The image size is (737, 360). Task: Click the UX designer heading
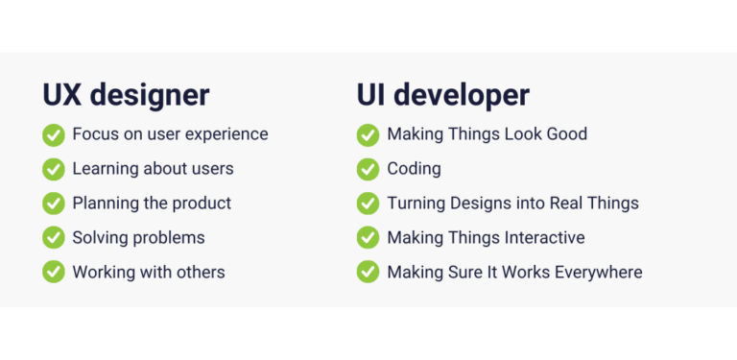[x=126, y=95]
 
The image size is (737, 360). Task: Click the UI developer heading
[x=442, y=95]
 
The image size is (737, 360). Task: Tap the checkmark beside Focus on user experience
[x=54, y=134]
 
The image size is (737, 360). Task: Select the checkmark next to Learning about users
[x=54, y=169]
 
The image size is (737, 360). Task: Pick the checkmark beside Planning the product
[x=54, y=204]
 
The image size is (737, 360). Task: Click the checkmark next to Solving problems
[x=54, y=238]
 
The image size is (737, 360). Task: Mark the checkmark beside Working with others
[x=54, y=273]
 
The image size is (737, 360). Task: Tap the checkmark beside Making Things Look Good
[x=368, y=134]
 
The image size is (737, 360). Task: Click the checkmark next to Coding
[x=368, y=169]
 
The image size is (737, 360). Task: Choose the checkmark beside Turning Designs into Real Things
[x=368, y=204]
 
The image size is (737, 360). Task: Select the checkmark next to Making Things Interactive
[x=368, y=238]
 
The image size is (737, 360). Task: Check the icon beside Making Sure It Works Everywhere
[x=368, y=273]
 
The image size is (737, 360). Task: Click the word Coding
[x=414, y=169]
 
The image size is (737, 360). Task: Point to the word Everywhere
[x=598, y=273]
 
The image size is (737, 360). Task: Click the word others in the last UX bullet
[x=198, y=273]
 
